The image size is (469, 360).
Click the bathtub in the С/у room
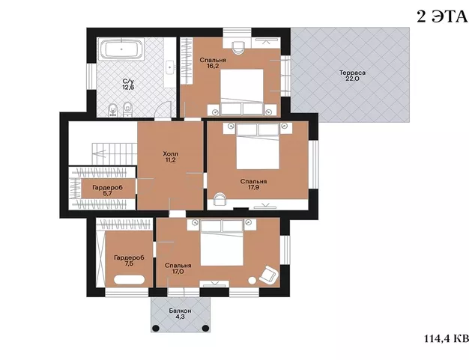pos(121,49)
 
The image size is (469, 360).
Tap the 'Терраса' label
pos(352,73)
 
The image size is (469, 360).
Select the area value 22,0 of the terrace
pos(352,79)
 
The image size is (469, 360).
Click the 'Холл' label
pos(171,154)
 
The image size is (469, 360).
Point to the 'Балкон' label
pos(180,311)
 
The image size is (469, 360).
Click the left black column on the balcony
pos(155,329)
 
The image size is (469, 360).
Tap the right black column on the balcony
pos(205,329)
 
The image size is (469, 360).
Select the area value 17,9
pos(254,188)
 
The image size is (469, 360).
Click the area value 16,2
pos(213,66)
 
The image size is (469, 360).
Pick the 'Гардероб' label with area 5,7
pos(108,188)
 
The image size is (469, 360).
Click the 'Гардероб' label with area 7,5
pos(129,257)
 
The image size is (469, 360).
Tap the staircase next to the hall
pos(115,154)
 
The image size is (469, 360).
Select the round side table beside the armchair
pos(252,281)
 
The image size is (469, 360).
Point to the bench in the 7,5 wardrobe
pos(129,280)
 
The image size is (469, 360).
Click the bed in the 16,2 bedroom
pos(242,92)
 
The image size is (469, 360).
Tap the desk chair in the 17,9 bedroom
pos(220,198)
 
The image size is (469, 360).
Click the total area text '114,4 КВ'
pos(447,338)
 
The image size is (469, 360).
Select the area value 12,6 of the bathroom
pos(128,88)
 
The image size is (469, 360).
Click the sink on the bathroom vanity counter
pos(170,67)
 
